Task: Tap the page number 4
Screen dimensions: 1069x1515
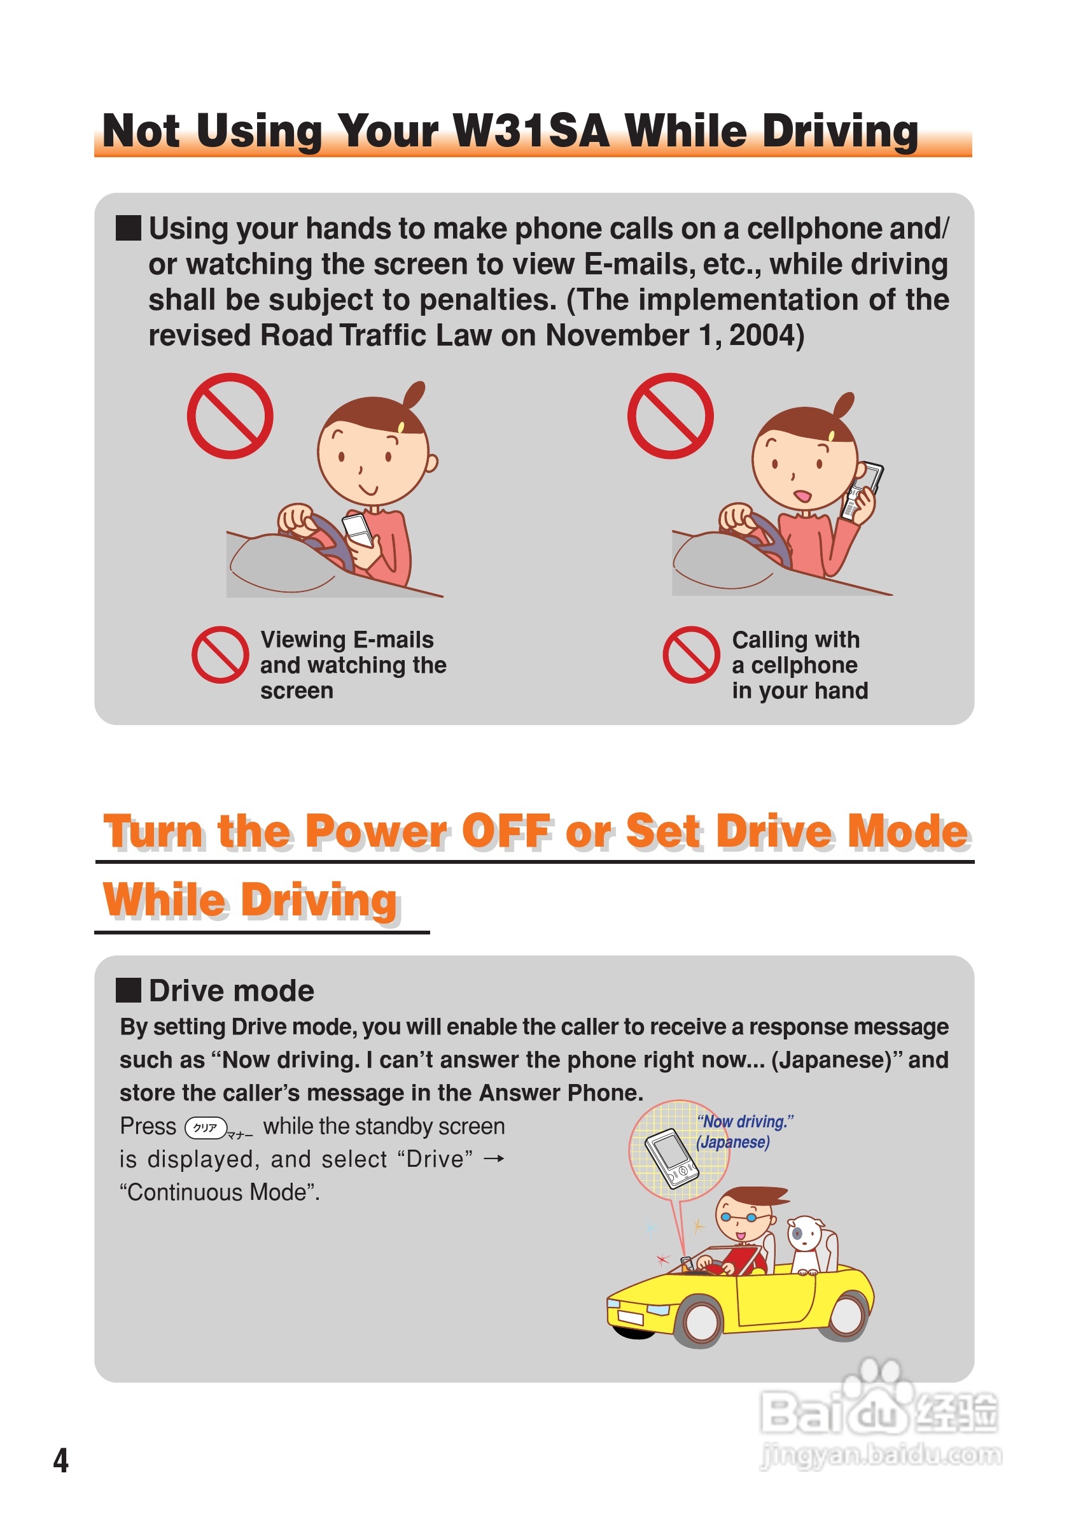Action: coord(60,1460)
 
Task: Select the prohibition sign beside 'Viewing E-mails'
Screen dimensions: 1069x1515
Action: coord(220,654)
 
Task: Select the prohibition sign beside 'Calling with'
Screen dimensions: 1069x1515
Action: coord(691,654)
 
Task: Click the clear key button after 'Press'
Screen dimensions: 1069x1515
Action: coord(206,1128)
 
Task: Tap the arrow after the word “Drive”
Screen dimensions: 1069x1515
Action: coord(494,1159)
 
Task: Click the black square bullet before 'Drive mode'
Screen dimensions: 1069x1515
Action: coord(129,990)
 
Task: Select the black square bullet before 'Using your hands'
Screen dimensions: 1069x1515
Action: coord(129,228)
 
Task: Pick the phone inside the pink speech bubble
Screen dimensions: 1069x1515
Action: coord(671,1159)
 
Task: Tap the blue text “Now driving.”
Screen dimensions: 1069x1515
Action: coord(745,1121)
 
